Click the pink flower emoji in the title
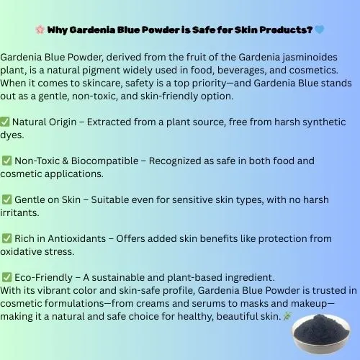coord(40,30)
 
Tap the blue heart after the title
coord(320,30)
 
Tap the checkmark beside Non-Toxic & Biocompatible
coord(6,161)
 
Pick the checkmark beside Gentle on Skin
coord(6,199)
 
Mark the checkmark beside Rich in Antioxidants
coord(6,238)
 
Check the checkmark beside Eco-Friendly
coord(6,276)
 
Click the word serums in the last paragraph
coord(188,303)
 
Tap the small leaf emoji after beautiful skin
coord(287,316)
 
